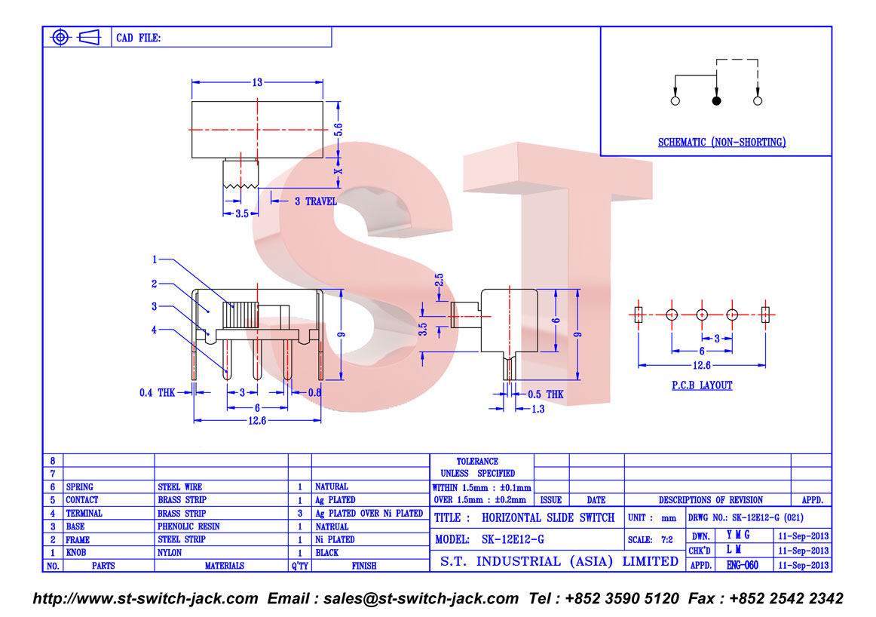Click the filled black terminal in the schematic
pos(716,100)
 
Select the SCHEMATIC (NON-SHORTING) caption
pos(721,143)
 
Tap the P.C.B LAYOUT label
pos(702,385)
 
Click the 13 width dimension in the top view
pos(257,82)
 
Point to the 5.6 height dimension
pos(338,130)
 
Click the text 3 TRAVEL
pos(316,201)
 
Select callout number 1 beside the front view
pos(155,259)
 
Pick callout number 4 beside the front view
pos(155,330)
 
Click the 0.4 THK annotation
pos(157,393)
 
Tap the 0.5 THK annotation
pos(546,394)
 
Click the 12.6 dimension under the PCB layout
pos(702,366)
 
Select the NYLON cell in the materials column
pos(170,553)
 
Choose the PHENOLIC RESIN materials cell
pos(188,526)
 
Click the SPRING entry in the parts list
pos(79,487)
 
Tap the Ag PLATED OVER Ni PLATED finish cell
pos(369,513)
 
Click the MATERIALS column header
pos(224,566)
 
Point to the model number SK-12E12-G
pos(513,540)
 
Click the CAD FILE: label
pos(139,38)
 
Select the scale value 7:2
pos(667,540)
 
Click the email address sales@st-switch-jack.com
pos(421,599)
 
